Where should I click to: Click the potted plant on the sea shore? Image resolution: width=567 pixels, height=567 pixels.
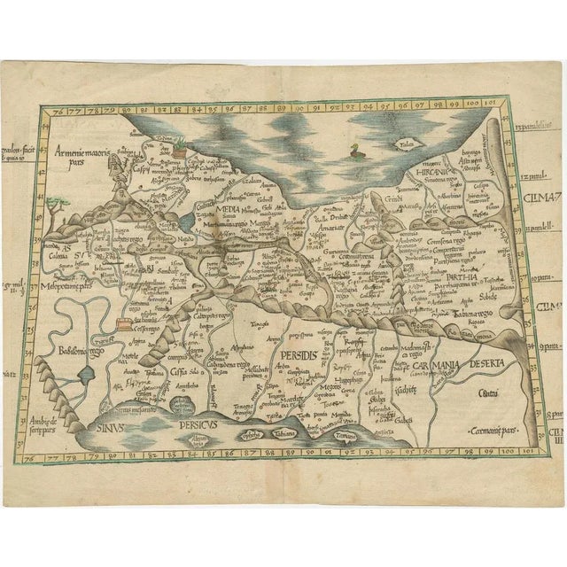click(183, 148)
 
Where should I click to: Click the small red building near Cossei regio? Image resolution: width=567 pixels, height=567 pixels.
click(124, 322)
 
